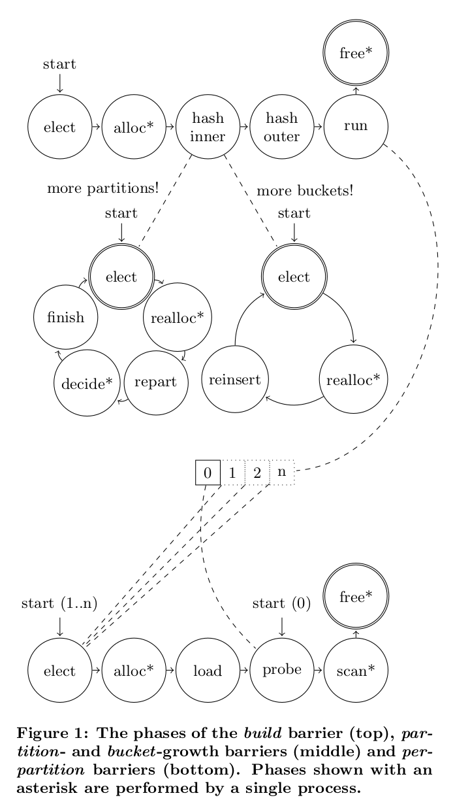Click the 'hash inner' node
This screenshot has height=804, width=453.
208,127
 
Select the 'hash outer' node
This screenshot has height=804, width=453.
282,127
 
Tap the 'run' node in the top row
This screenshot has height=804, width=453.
356,127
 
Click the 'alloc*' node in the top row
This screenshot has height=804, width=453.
134,127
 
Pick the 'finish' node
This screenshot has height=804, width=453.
66,318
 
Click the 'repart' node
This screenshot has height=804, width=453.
155,382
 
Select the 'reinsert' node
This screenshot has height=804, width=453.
235,379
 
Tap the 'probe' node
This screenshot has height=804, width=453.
282,670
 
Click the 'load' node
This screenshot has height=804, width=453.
208,671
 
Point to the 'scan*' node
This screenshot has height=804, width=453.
356,671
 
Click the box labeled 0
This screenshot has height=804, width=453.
208,473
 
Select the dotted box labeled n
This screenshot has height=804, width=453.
282,472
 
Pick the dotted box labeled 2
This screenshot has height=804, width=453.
257,473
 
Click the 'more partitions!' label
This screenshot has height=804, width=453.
103,189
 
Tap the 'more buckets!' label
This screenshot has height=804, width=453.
305,192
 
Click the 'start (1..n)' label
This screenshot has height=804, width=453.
59,603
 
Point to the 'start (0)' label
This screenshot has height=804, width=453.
281,603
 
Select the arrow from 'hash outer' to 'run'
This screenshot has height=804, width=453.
319,127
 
